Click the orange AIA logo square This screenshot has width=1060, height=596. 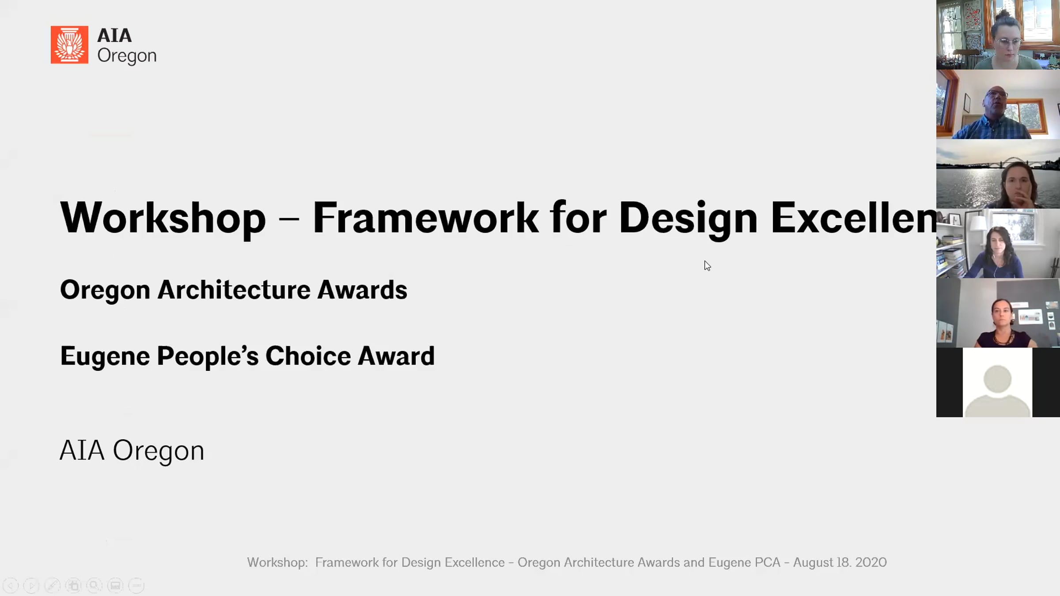69,45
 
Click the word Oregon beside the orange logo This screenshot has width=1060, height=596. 127,56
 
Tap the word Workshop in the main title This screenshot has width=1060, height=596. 163,218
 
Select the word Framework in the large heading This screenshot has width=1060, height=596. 425,218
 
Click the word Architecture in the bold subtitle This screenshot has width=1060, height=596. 234,290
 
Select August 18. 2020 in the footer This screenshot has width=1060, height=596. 840,562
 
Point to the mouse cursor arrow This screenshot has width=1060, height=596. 707,266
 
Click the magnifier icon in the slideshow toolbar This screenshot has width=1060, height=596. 94,586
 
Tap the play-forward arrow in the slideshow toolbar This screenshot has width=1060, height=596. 31,586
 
